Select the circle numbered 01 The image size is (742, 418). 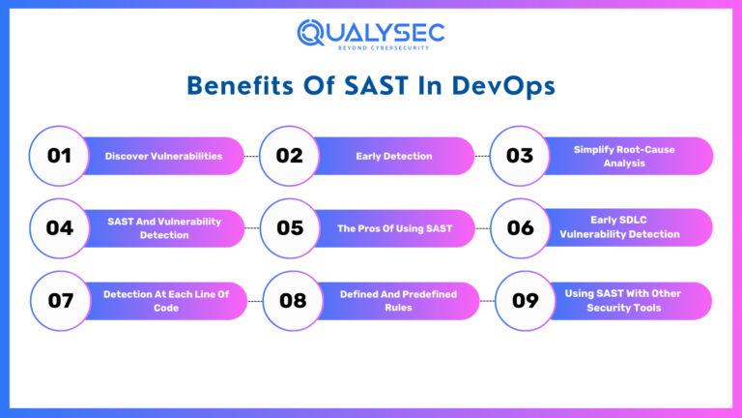(60, 155)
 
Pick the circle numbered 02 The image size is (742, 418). (290, 155)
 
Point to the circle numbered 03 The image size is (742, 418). (520, 156)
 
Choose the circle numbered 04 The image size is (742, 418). (60, 228)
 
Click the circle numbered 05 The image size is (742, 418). (290, 228)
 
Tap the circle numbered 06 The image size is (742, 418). (520, 228)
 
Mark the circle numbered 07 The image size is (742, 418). (60, 300)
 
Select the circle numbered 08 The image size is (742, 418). (293, 300)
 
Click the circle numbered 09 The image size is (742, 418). (525, 300)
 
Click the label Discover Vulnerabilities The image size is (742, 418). (163, 156)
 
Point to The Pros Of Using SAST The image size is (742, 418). (393, 228)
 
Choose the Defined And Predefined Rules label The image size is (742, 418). (398, 300)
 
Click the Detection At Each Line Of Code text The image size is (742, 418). (166, 300)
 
